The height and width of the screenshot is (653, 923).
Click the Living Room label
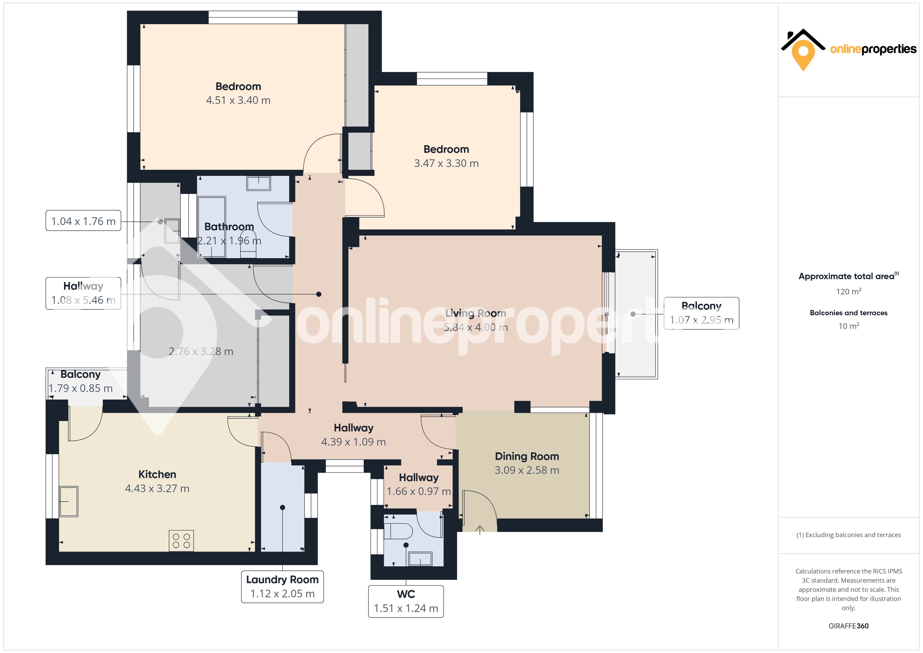(476, 313)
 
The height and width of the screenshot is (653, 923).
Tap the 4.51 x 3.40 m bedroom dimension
(238, 100)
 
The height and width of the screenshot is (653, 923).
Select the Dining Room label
(527, 456)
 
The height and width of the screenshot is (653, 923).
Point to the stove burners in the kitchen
(181, 541)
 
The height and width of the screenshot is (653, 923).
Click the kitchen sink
(69, 502)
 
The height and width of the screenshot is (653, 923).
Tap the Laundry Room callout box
(282, 587)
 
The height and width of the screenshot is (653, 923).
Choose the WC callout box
(406, 601)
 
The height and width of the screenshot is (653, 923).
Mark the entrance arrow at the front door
(480, 530)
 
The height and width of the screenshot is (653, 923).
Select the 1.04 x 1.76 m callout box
(83, 221)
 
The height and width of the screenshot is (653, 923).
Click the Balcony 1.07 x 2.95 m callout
(701, 313)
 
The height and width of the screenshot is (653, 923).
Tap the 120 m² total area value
(849, 291)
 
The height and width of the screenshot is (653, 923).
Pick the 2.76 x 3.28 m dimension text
(201, 351)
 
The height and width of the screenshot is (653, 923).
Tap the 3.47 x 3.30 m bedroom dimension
(446, 163)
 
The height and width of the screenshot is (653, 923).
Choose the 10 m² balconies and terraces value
(849, 326)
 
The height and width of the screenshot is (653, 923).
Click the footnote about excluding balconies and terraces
(849, 535)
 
